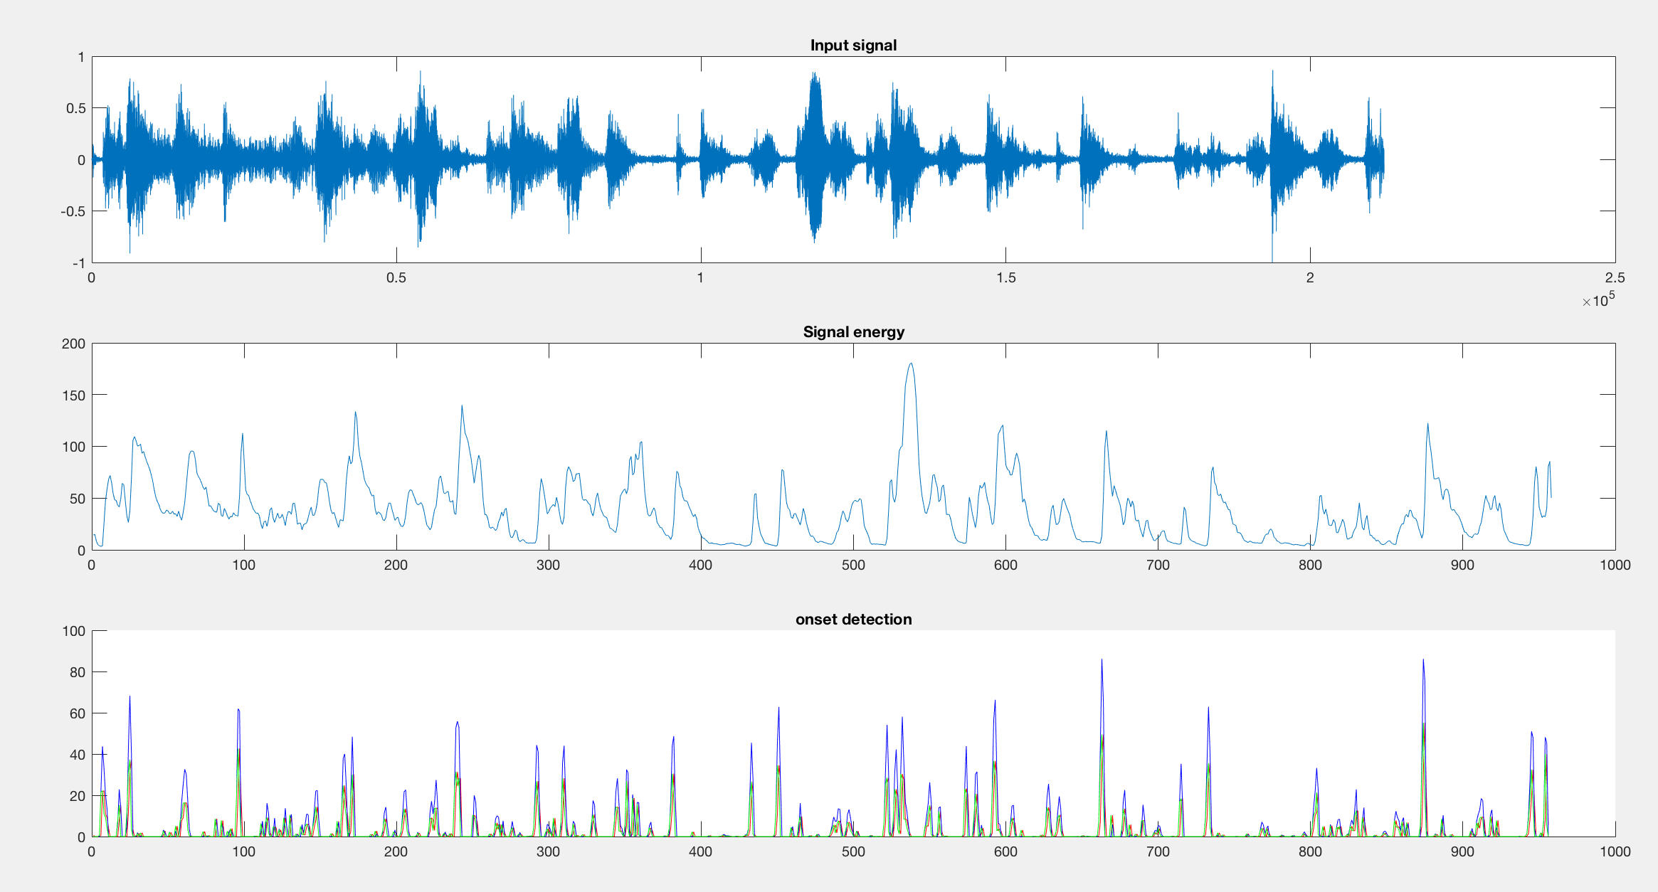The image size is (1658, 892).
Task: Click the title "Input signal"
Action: point(853,46)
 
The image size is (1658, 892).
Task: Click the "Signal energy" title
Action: point(853,332)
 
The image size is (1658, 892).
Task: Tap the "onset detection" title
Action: point(853,620)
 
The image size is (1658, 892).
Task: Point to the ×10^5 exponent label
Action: point(1598,300)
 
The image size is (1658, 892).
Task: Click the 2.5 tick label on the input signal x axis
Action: point(1615,278)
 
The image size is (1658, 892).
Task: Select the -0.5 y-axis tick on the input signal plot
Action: point(73,212)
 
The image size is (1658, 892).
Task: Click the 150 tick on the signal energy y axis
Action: point(74,395)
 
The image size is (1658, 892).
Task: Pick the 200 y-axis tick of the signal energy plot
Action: point(74,344)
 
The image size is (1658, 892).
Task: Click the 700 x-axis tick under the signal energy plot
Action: point(1158,566)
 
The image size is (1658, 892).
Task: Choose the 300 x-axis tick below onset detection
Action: point(549,852)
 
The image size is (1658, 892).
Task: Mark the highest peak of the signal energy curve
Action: point(911,363)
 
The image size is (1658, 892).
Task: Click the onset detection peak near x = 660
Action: point(1102,660)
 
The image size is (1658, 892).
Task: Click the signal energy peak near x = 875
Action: point(1427,425)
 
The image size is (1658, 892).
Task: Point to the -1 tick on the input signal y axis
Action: point(78,263)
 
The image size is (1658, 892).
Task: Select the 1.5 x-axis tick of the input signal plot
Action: point(1005,278)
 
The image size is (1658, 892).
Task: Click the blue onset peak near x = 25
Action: point(130,697)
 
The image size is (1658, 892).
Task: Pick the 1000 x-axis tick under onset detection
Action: point(1615,852)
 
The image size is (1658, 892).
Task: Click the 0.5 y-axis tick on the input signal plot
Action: point(75,109)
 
